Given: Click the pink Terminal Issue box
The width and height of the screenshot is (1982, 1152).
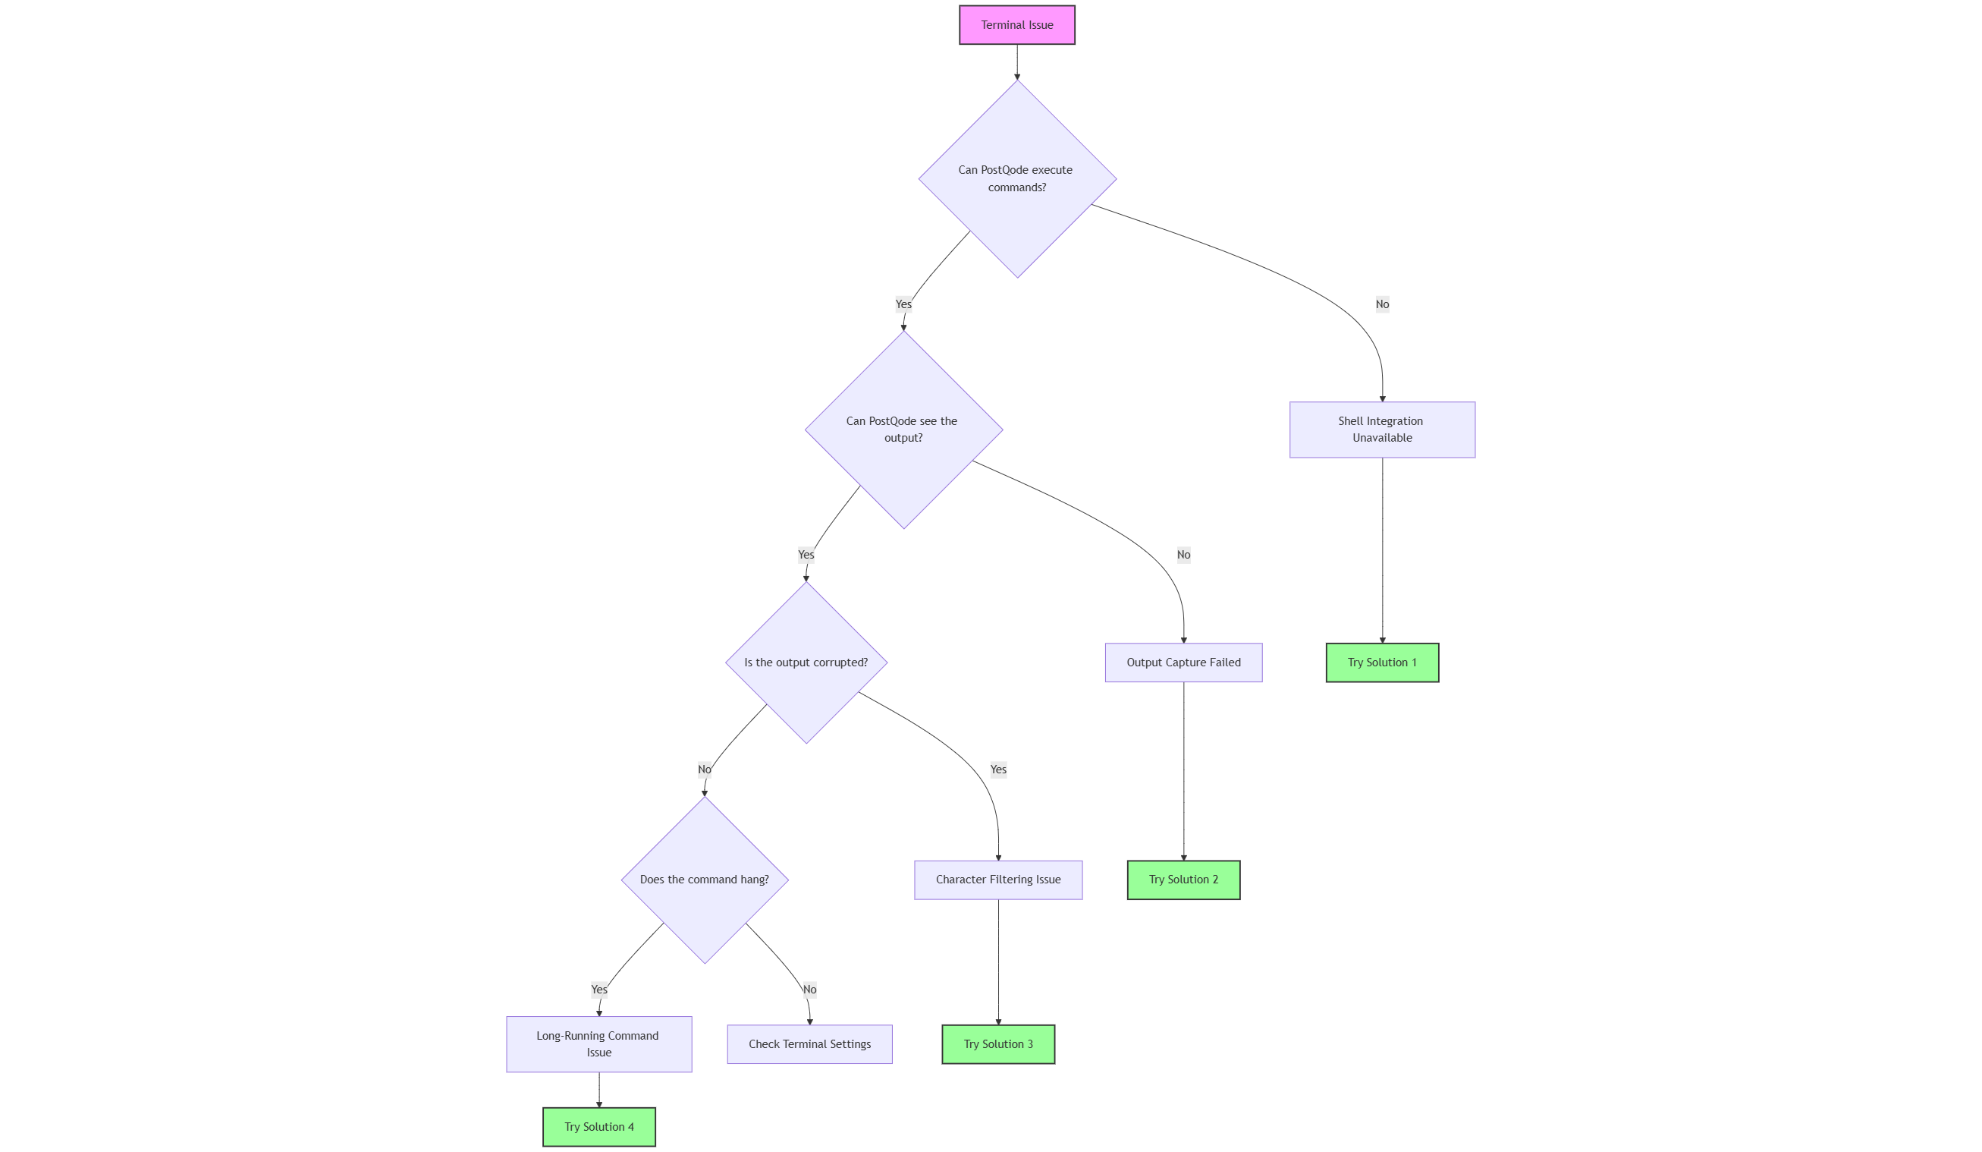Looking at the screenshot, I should coord(1016,25).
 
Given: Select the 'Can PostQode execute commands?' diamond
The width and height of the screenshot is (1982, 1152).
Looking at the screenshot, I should coord(1016,178).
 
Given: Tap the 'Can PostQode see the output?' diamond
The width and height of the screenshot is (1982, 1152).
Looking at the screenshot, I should coord(903,430).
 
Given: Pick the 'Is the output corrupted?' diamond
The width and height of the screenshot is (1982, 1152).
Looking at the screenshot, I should coord(806,663).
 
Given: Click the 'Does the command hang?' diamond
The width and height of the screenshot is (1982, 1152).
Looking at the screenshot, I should coord(704,880).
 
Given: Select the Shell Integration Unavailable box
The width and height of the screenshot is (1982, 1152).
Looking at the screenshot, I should coord(1381,430).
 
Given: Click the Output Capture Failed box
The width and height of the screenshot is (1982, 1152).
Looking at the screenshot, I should coord(1183,663).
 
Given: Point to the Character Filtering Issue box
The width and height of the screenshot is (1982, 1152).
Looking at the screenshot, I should coord(997,880).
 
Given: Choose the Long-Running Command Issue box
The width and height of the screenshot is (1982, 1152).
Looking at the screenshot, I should coord(598,1044).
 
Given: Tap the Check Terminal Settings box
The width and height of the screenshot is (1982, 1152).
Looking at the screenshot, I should coord(809,1044).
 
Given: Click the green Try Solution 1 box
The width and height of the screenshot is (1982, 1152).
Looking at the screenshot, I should coord(1381,663).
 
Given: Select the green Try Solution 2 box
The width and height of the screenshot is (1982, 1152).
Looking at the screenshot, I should coord(1183,880).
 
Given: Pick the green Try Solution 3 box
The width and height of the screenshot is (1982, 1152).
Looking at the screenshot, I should coord(997,1044).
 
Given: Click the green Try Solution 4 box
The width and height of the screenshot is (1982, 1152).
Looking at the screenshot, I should coord(598,1127).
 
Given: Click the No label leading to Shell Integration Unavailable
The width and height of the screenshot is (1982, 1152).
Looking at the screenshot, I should coord(1381,304).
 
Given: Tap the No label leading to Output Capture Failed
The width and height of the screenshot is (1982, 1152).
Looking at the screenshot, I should coord(1183,555).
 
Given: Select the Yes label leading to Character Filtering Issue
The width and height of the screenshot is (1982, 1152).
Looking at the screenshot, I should coord(997,770).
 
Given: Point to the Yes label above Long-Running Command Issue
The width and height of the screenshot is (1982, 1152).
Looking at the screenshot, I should coord(598,990).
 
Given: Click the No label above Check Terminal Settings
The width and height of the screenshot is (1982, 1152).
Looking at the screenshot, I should coord(809,990).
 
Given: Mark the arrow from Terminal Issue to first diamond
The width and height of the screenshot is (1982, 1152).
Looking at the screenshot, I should coord(1016,61).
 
